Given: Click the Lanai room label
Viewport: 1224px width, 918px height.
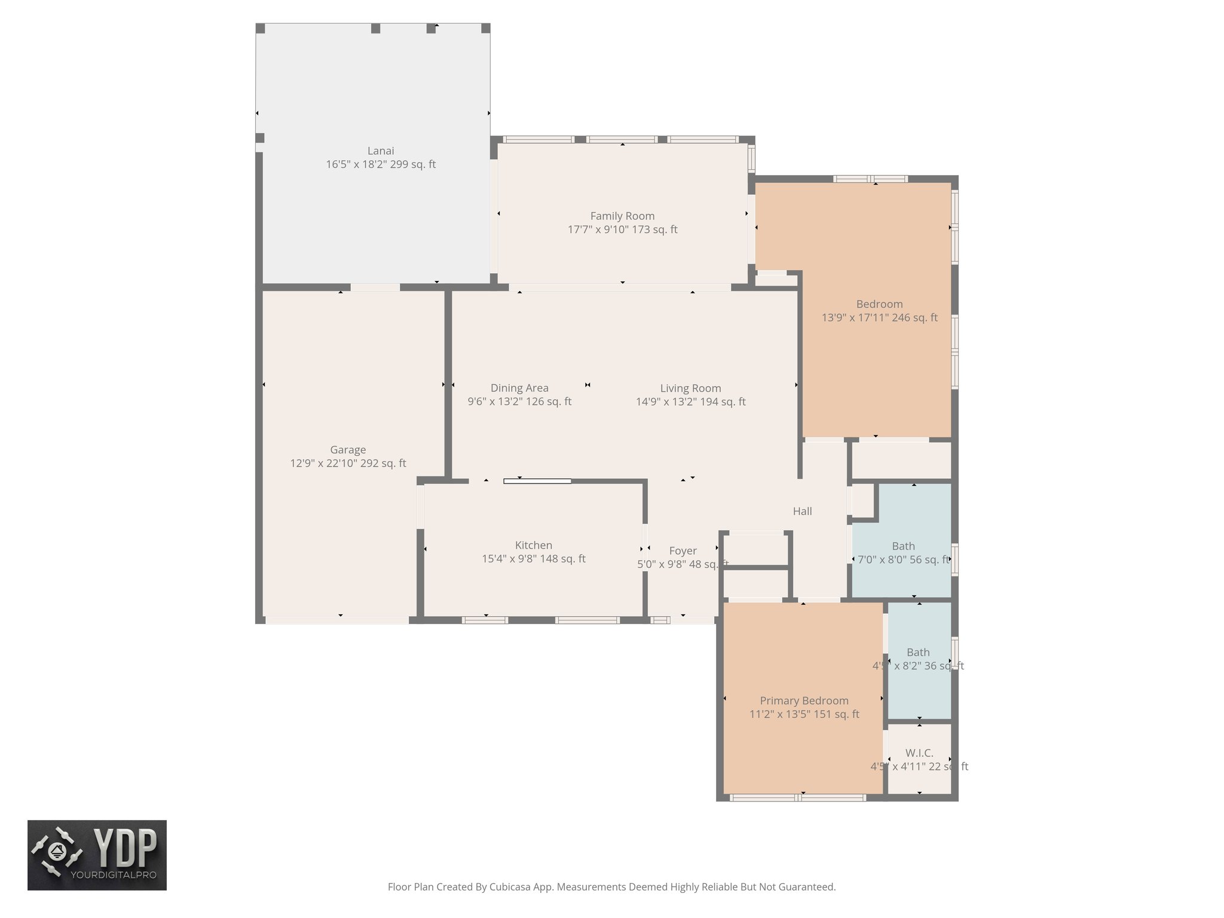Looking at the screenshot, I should click(x=380, y=151).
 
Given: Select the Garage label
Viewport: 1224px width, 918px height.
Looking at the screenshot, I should click(x=348, y=450).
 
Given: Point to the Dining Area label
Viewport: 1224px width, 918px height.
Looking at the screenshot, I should click(x=519, y=388).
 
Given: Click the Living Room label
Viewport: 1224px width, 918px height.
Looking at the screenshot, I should click(x=690, y=388).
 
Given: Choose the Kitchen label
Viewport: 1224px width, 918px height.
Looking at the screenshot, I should click(x=533, y=546).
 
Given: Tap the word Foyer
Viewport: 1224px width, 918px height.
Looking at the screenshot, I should click(x=683, y=551).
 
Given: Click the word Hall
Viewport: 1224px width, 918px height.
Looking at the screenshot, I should click(x=802, y=511).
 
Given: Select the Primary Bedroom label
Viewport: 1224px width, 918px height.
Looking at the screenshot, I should click(x=804, y=700).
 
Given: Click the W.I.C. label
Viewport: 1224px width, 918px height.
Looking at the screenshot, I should click(x=919, y=753).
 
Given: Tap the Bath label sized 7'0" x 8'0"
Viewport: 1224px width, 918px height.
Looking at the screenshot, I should click(x=903, y=546).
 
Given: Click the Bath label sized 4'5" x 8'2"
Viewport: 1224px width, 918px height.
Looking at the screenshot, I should click(x=918, y=653).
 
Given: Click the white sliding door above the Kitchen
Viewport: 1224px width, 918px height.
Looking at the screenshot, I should click(x=537, y=481).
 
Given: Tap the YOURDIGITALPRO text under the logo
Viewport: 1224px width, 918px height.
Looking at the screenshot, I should click(x=114, y=875).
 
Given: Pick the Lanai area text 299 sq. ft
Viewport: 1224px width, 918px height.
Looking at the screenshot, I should click(x=413, y=164).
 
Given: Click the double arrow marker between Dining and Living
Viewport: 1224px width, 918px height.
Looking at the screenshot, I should click(x=587, y=385).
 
